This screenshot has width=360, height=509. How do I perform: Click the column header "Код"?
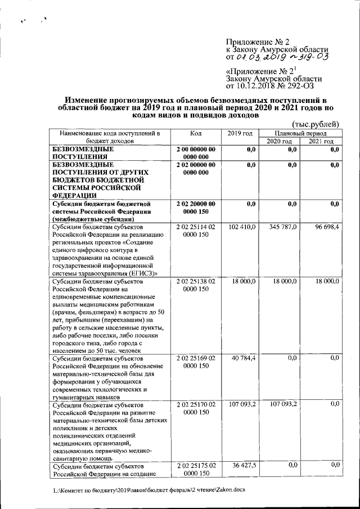point(195,133)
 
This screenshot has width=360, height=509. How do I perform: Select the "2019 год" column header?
point(240,133)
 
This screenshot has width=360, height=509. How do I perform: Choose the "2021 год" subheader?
point(321,142)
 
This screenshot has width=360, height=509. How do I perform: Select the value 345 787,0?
point(282,226)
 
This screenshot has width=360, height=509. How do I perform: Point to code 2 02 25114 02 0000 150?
point(195,231)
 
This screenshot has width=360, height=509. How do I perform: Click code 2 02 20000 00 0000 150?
point(195,208)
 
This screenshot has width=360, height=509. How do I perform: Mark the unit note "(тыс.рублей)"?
point(315,123)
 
